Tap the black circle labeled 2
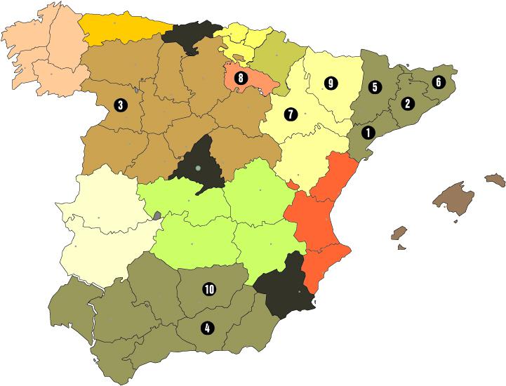[406, 103]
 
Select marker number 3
[121, 105]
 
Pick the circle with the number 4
[206, 326]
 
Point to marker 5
[375, 88]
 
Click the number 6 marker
[439, 81]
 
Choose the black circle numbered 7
[291, 112]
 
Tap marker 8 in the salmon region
[241, 79]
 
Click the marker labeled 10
[208, 288]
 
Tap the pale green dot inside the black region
[199, 168]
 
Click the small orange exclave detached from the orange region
[294, 185]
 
